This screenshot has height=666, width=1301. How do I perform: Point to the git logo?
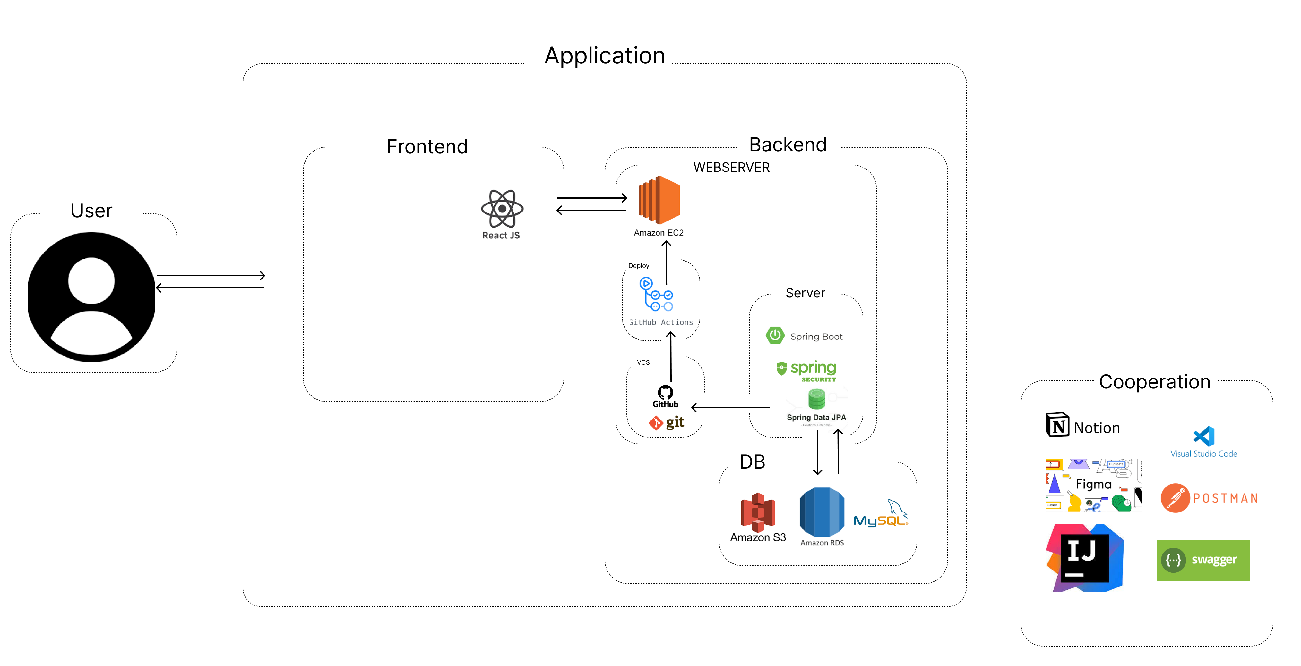coord(666,422)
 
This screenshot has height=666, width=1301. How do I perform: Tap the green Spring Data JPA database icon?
coord(816,399)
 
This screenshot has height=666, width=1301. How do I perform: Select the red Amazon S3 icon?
coord(758,512)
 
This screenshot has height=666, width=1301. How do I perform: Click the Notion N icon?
coord(1057,425)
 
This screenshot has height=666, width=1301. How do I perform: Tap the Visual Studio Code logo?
coord(1204,437)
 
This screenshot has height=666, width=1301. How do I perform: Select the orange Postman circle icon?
coord(1175,498)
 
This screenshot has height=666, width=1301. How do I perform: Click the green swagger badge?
coord(1203,560)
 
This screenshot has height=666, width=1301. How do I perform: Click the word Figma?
coord(1093,484)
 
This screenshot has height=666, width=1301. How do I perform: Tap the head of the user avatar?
coord(91,280)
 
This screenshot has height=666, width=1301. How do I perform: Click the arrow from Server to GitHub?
coord(730,407)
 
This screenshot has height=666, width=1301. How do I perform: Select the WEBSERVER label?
coord(731,168)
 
